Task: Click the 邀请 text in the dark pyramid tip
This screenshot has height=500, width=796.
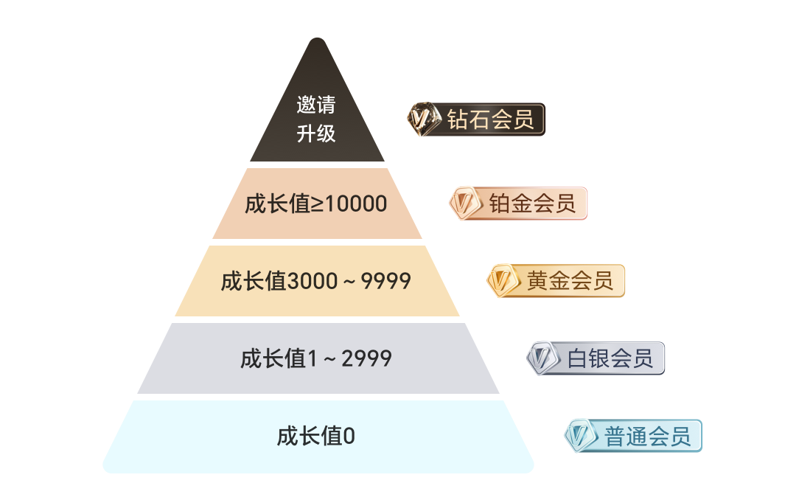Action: point(315,105)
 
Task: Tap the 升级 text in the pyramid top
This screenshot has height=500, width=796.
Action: point(315,133)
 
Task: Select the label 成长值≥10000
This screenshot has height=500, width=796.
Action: point(315,204)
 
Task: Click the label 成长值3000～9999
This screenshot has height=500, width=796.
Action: point(315,281)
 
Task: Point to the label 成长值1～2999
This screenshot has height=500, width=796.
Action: point(315,358)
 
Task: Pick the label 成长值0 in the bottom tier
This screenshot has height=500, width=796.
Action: point(315,436)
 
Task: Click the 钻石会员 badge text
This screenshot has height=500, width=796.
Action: point(490,119)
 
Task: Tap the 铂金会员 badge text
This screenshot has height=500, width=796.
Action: point(532,204)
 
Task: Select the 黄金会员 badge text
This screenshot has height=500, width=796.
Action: point(570,280)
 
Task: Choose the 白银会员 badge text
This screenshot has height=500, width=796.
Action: point(610,358)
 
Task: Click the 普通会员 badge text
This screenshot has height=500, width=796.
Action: point(647,436)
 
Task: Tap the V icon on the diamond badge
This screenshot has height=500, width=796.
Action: point(424,119)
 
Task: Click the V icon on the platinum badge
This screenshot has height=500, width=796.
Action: point(466,204)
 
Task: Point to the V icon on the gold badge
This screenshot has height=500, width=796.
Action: point(503,280)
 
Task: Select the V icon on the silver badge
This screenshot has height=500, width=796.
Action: point(543,358)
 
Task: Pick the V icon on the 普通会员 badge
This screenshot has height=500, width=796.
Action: point(581,435)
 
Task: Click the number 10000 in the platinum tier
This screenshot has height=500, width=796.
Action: point(355,204)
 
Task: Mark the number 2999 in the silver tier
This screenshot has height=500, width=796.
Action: point(366,358)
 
